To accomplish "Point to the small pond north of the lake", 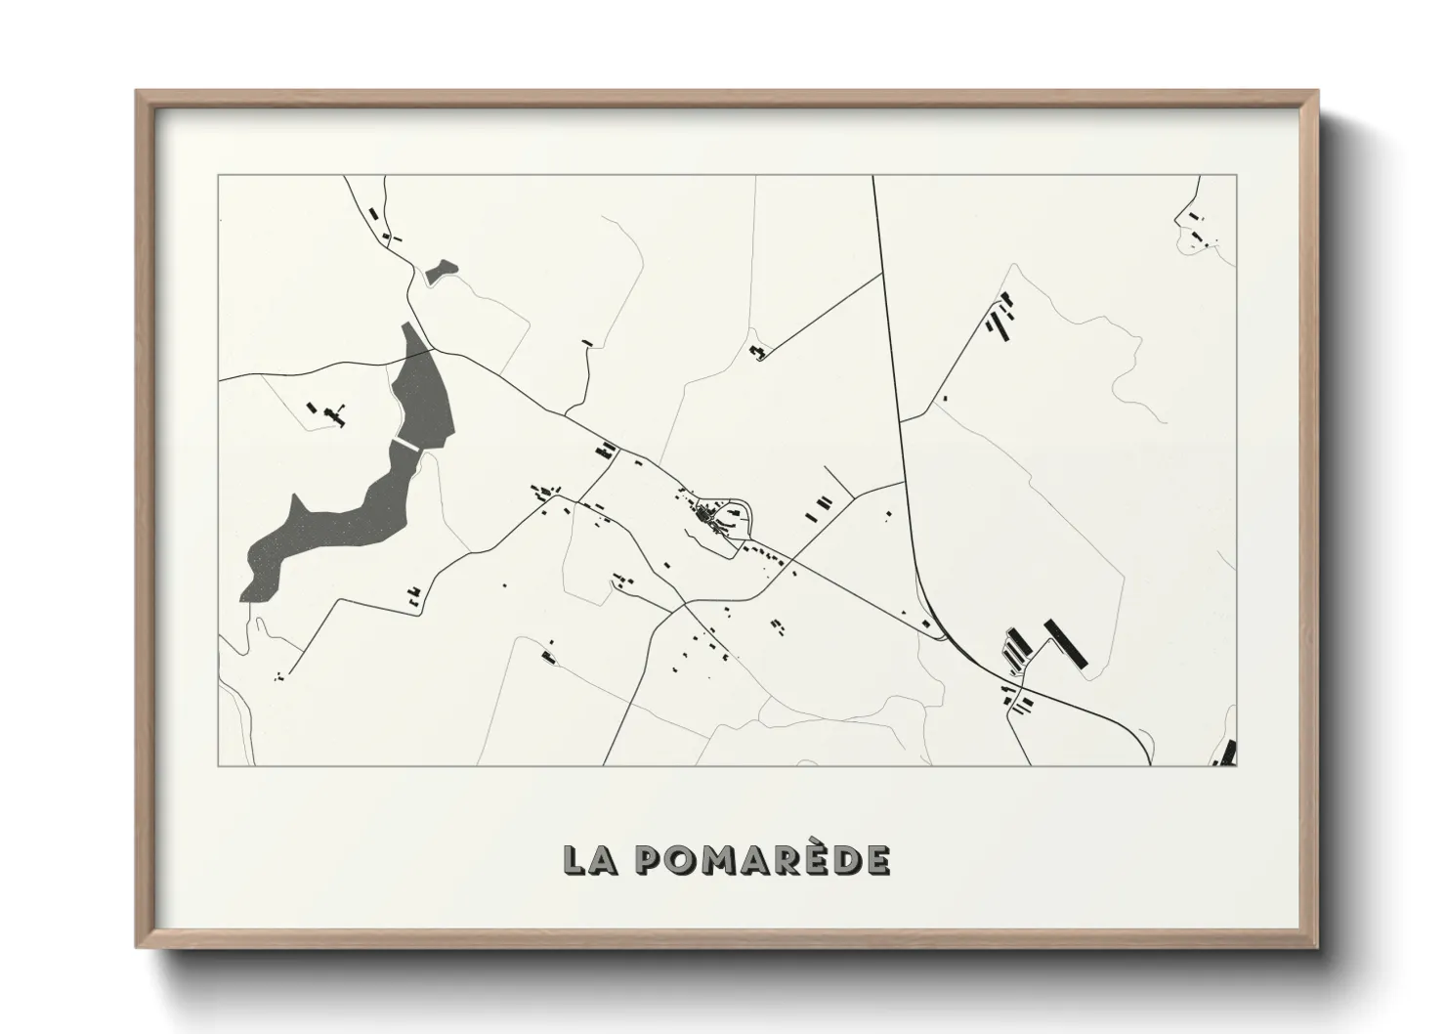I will pos(440,271).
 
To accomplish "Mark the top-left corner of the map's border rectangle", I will pos(219,176).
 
